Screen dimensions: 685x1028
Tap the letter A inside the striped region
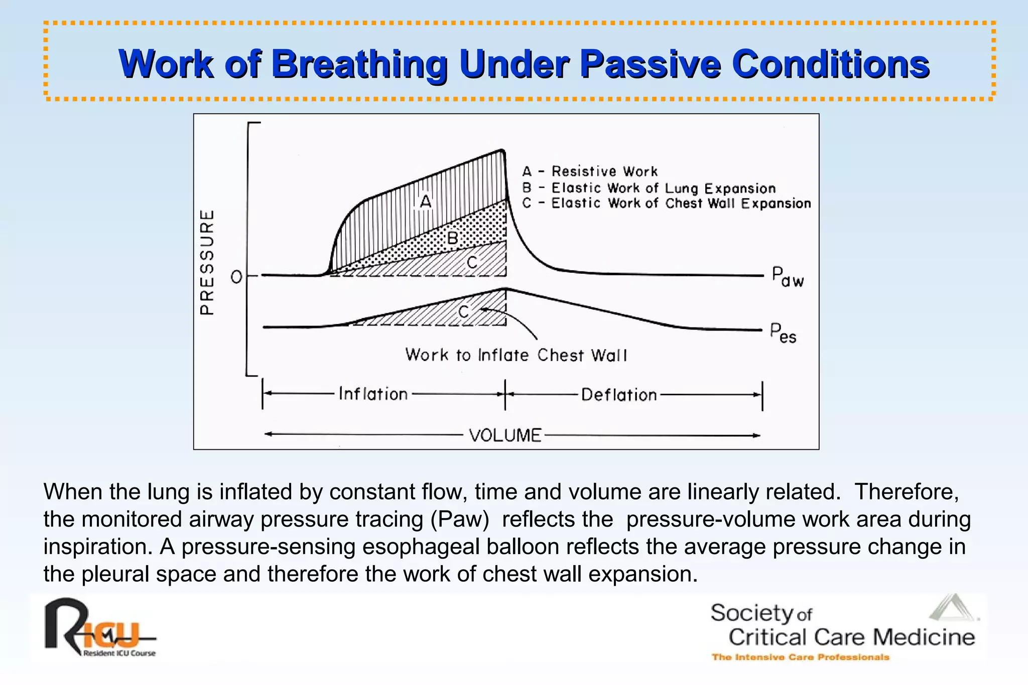coord(426,202)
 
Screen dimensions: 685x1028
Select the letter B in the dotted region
coord(452,238)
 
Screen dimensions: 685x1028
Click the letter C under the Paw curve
coord(472,262)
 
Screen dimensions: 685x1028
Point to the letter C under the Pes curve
coord(464,312)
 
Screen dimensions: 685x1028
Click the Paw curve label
coord(787,277)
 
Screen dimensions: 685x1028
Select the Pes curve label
coord(783,333)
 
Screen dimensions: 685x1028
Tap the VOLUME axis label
coord(505,435)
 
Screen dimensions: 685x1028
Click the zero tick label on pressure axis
coord(236,277)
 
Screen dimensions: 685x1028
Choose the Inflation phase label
coord(373,394)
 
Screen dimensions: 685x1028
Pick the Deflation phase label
coord(619,395)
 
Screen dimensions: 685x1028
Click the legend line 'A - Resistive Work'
coord(590,172)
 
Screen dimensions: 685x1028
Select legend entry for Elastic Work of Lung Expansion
coord(649,188)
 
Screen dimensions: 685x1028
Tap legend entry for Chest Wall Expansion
coord(667,203)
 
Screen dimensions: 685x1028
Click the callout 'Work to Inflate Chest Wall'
coord(516,355)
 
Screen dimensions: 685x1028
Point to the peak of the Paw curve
coord(501,149)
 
